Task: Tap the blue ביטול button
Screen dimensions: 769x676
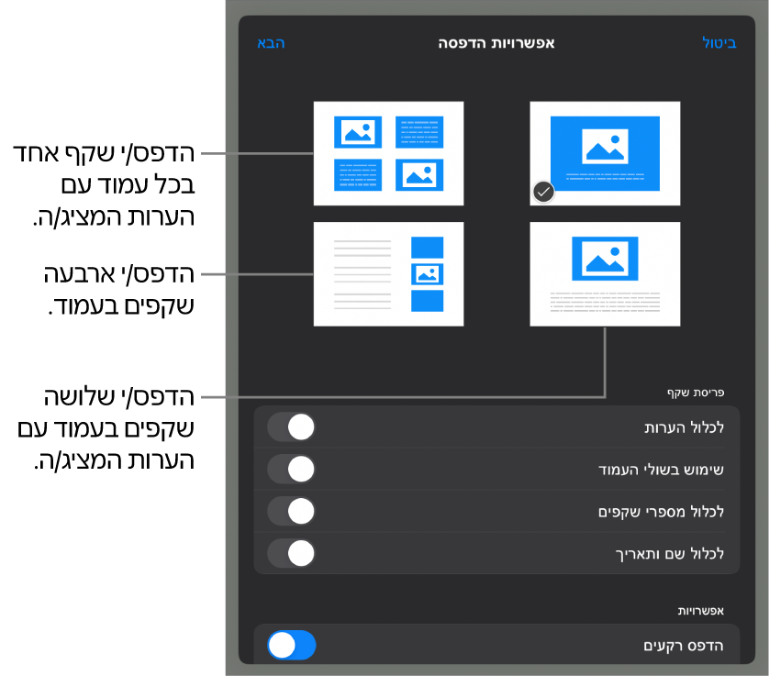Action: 719,43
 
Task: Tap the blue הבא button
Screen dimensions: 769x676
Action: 271,43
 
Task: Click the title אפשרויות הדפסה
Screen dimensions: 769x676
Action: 496,43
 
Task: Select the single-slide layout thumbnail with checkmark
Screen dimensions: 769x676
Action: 605,153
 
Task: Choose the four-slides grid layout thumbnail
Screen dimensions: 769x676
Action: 388,153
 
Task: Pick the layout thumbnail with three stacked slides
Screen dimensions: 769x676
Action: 388,274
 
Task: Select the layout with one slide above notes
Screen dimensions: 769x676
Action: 605,274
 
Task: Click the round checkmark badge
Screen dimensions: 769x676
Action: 543,193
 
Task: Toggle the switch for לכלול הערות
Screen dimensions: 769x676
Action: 291,427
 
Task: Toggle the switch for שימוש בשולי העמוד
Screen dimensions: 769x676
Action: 291,469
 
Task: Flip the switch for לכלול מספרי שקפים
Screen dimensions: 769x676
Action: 291,511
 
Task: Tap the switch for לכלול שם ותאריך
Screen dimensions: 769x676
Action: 291,553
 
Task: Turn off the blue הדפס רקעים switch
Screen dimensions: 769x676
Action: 291,645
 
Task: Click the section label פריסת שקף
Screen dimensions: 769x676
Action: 696,393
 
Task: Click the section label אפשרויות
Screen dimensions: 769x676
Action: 701,611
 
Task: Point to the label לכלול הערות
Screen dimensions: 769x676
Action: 685,427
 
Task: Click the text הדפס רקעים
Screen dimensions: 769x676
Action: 684,646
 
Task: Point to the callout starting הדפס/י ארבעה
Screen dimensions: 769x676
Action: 119,290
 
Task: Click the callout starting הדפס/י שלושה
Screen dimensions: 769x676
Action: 106,428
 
